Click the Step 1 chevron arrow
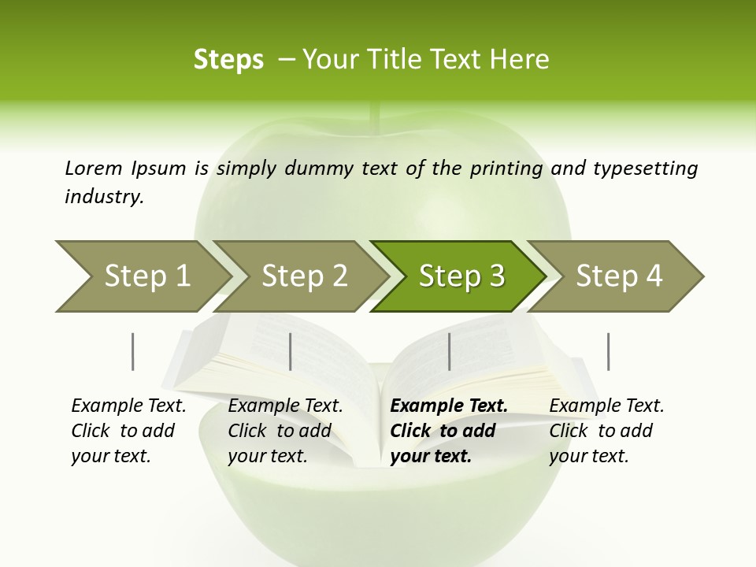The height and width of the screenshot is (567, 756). click(x=146, y=276)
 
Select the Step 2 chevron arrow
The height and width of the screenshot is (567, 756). click(x=303, y=276)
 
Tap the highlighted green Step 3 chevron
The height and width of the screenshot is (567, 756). click(x=461, y=276)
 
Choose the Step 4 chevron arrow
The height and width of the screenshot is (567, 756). click(x=618, y=276)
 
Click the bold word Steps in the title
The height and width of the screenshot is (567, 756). click(x=228, y=60)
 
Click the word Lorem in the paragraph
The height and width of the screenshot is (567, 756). click(x=93, y=168)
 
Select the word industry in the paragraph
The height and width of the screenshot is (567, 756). click(x=104, y=196)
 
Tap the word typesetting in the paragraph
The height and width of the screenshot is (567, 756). click(x=645, y=168)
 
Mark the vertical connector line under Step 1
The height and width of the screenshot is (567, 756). click(x=133, y=351)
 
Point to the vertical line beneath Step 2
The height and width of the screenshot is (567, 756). click(x=291, y=351)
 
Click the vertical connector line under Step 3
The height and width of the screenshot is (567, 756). click(x=449, y=351)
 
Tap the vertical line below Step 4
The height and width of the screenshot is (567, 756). click(x=608, y=351)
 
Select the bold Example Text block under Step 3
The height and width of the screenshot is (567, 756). click(x=447, y=431)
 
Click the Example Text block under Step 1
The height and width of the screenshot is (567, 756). click(x=128, y=431)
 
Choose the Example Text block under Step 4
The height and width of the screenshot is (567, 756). click(x=606, y=431)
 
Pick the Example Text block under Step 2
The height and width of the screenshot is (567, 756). click(x=284, y=431)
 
